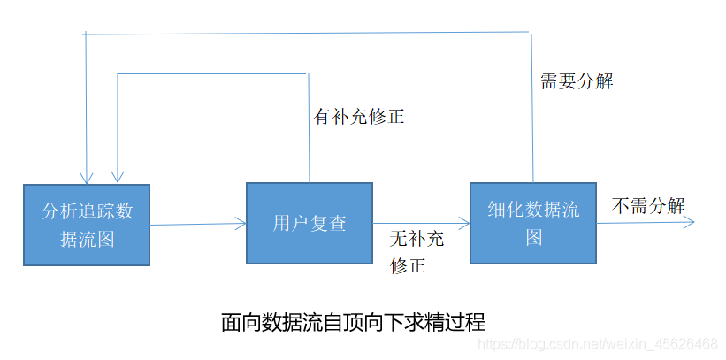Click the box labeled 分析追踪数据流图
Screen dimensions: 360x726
87,225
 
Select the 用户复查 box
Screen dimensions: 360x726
309,223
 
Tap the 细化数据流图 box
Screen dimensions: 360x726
533,223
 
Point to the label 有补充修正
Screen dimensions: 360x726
359,116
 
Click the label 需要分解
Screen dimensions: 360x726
577,81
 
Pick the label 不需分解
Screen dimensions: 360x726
648,205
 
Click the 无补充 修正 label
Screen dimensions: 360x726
416,251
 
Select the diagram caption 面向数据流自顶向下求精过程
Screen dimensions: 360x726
353,321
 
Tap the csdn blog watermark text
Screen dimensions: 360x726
597,343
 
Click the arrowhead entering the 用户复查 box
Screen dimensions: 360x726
241,224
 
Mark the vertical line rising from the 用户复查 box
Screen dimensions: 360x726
309,124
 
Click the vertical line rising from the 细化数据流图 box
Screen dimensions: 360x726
532,106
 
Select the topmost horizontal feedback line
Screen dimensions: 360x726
310,34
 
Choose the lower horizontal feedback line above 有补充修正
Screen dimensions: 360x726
212,73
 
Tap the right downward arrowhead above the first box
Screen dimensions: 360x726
117,175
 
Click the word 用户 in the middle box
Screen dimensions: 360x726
290,223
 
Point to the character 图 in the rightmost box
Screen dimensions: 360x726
533,238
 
